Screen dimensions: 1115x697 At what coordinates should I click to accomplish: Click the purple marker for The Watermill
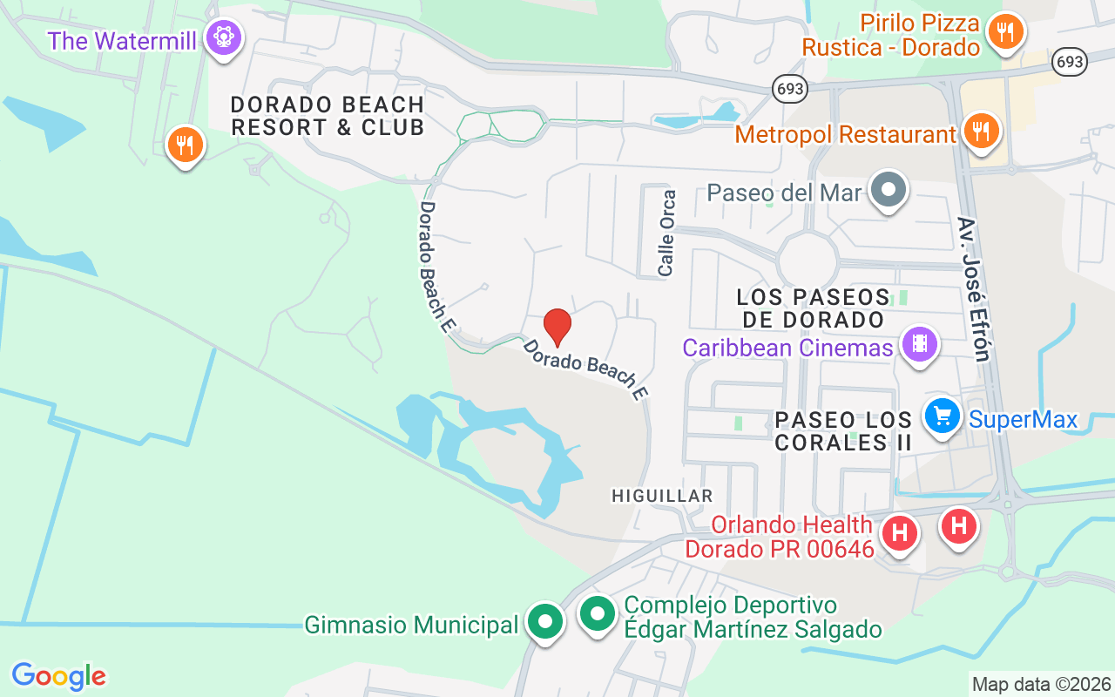pyautogui.click(x=224, y=37)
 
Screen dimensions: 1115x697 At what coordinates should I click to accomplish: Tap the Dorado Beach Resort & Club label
pyautogui.click(x=327, y=116)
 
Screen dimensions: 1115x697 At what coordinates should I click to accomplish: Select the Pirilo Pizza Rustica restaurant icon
pyautogui.click(x=1006, y=33)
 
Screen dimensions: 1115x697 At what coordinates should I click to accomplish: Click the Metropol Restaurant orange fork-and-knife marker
pyautogui.click(x=982, y=132)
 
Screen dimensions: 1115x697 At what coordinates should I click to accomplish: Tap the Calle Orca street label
pyautogui.click(x=667, y=233)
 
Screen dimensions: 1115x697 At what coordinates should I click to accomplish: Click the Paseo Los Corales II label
pyautogui.click(x=843, y=431)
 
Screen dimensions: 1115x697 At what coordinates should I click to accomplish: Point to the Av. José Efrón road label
pyautogui.click(x=974, y=288)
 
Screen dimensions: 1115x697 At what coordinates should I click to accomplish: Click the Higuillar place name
pyautogui.click(x=662, y=496)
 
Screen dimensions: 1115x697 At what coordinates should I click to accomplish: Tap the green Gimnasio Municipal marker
pyautogui.click(x=545, y=621)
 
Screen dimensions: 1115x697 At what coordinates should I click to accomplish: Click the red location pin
pyautogui.click(x=557, y=327)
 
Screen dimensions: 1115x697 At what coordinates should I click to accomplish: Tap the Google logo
pyautogui.click(x=58, y=676)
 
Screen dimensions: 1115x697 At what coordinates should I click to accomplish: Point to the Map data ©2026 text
pyautogui.click(x=1041, y=684)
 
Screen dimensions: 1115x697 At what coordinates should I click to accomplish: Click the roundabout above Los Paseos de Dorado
pyautogui.click(x=808, y=261)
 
